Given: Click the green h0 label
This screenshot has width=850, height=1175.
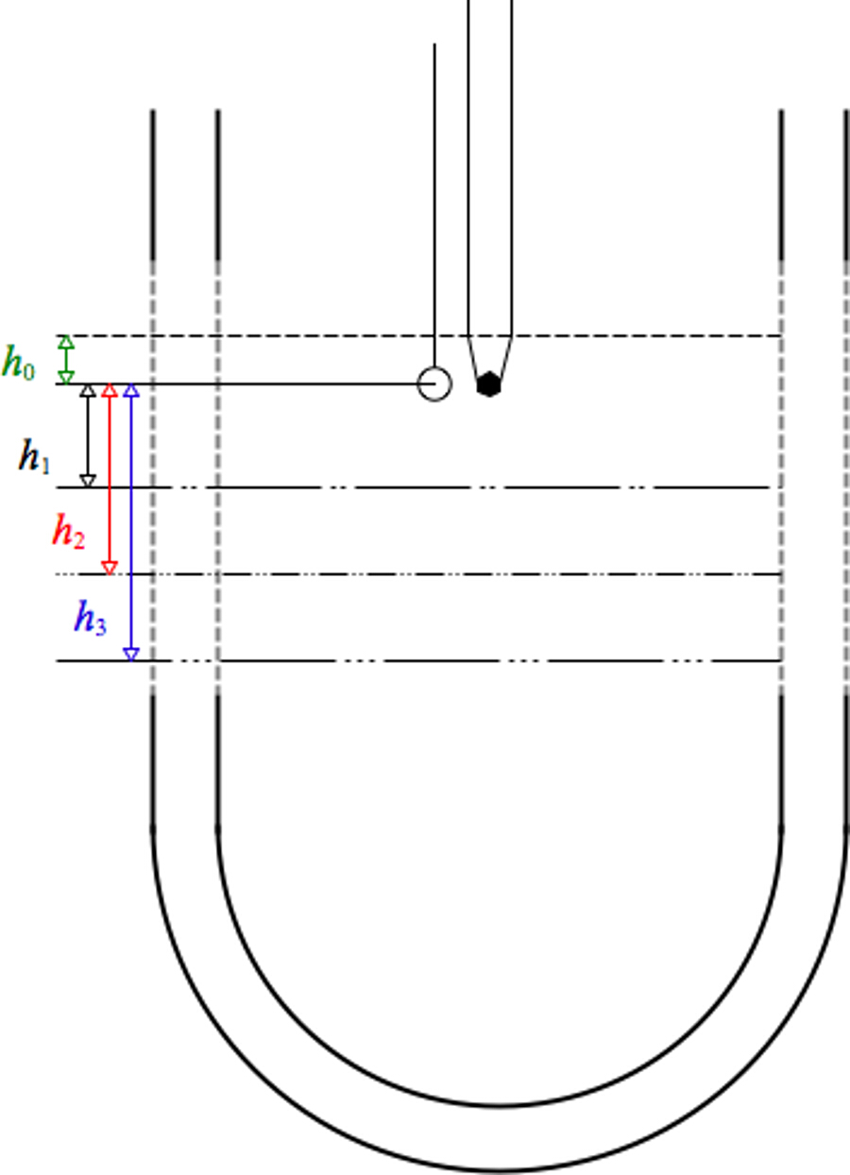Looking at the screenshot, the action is [19, 364].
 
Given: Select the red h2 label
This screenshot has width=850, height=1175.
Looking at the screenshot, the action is [67, 535].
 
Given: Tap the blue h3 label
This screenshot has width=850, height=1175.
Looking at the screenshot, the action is [91, 621].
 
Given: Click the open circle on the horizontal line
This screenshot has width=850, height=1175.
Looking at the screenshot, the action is [434, 384].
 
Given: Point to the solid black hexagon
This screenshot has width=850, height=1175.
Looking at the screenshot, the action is [488, 384].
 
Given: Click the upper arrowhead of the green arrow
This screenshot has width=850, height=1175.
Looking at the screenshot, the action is [66, 341].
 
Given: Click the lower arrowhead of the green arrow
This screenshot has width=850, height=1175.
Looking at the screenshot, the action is [66, 377].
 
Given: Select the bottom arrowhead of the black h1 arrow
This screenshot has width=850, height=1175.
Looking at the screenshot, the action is [88, 481].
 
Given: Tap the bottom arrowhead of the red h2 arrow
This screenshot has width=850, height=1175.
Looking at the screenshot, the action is [110, 568].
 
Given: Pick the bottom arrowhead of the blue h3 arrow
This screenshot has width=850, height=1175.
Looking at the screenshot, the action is [132, 654].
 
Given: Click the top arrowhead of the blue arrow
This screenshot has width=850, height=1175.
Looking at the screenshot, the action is [132, 391].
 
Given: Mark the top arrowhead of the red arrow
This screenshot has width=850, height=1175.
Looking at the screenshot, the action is [110, 391].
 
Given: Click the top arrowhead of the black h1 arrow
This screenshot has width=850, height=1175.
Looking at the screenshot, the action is [88, 391].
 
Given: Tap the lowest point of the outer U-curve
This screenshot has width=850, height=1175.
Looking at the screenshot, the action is [500, 1171].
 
